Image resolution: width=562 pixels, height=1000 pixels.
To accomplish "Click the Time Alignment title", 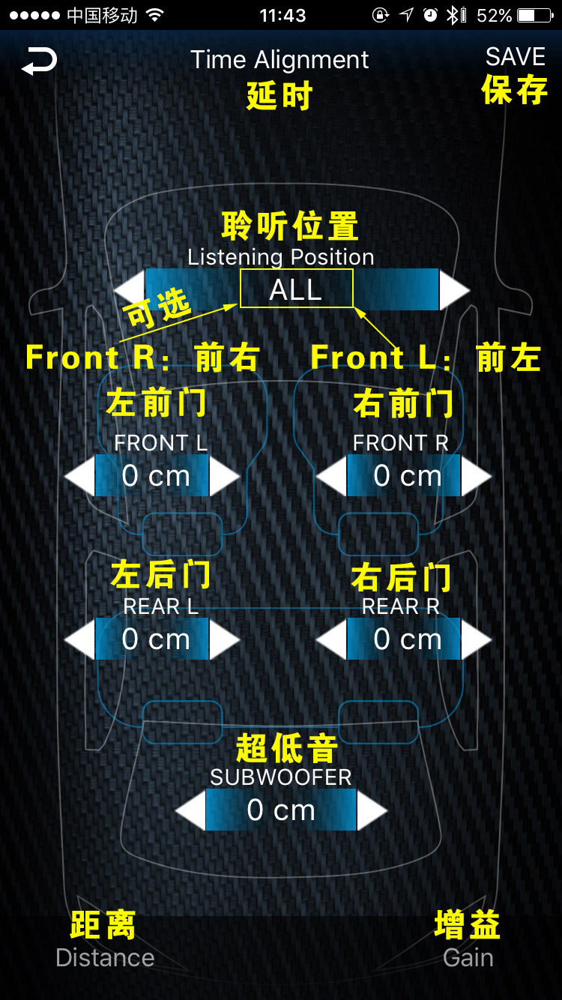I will (x=280, y=60).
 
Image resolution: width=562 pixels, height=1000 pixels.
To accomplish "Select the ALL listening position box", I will (x=296, y=289).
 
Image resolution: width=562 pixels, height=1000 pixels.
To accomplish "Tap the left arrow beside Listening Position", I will (x=129, y=289).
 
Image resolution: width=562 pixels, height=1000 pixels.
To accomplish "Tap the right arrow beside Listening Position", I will (x=454, y=289).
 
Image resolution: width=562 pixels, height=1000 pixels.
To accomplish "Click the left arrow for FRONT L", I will (x=79, y=476).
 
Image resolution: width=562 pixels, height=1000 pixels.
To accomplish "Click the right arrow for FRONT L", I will (x=224, y=476).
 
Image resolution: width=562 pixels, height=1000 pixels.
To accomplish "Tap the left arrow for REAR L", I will (x=79, y=639).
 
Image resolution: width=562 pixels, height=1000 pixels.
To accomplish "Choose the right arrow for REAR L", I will (x=224, y=639).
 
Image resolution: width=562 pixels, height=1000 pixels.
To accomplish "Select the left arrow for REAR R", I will (x=331, y=639).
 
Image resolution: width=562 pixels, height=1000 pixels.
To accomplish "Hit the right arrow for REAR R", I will (x=476, y=639).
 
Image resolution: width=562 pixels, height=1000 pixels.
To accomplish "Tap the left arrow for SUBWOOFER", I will (x=190, y=810).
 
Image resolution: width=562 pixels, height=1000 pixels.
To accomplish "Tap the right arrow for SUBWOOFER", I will (x=372, y=810).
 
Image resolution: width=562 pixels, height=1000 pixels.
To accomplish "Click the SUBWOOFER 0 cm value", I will (x=281, y=810).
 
